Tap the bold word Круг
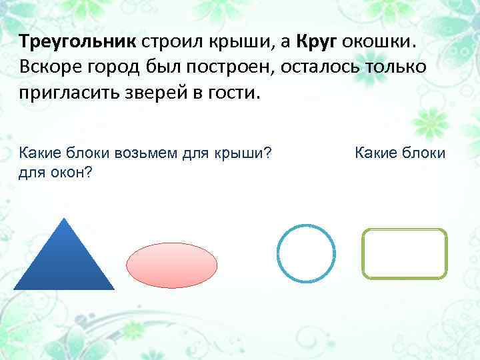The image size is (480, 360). coord(317,42)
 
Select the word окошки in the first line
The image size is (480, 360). coord(379,42)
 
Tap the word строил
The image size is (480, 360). coord(174,42)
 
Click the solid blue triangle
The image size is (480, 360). coord(64,263)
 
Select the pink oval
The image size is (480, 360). coord(172,265)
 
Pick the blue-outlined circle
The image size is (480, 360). coord(306,254)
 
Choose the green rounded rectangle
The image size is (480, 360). coord(404,253)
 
